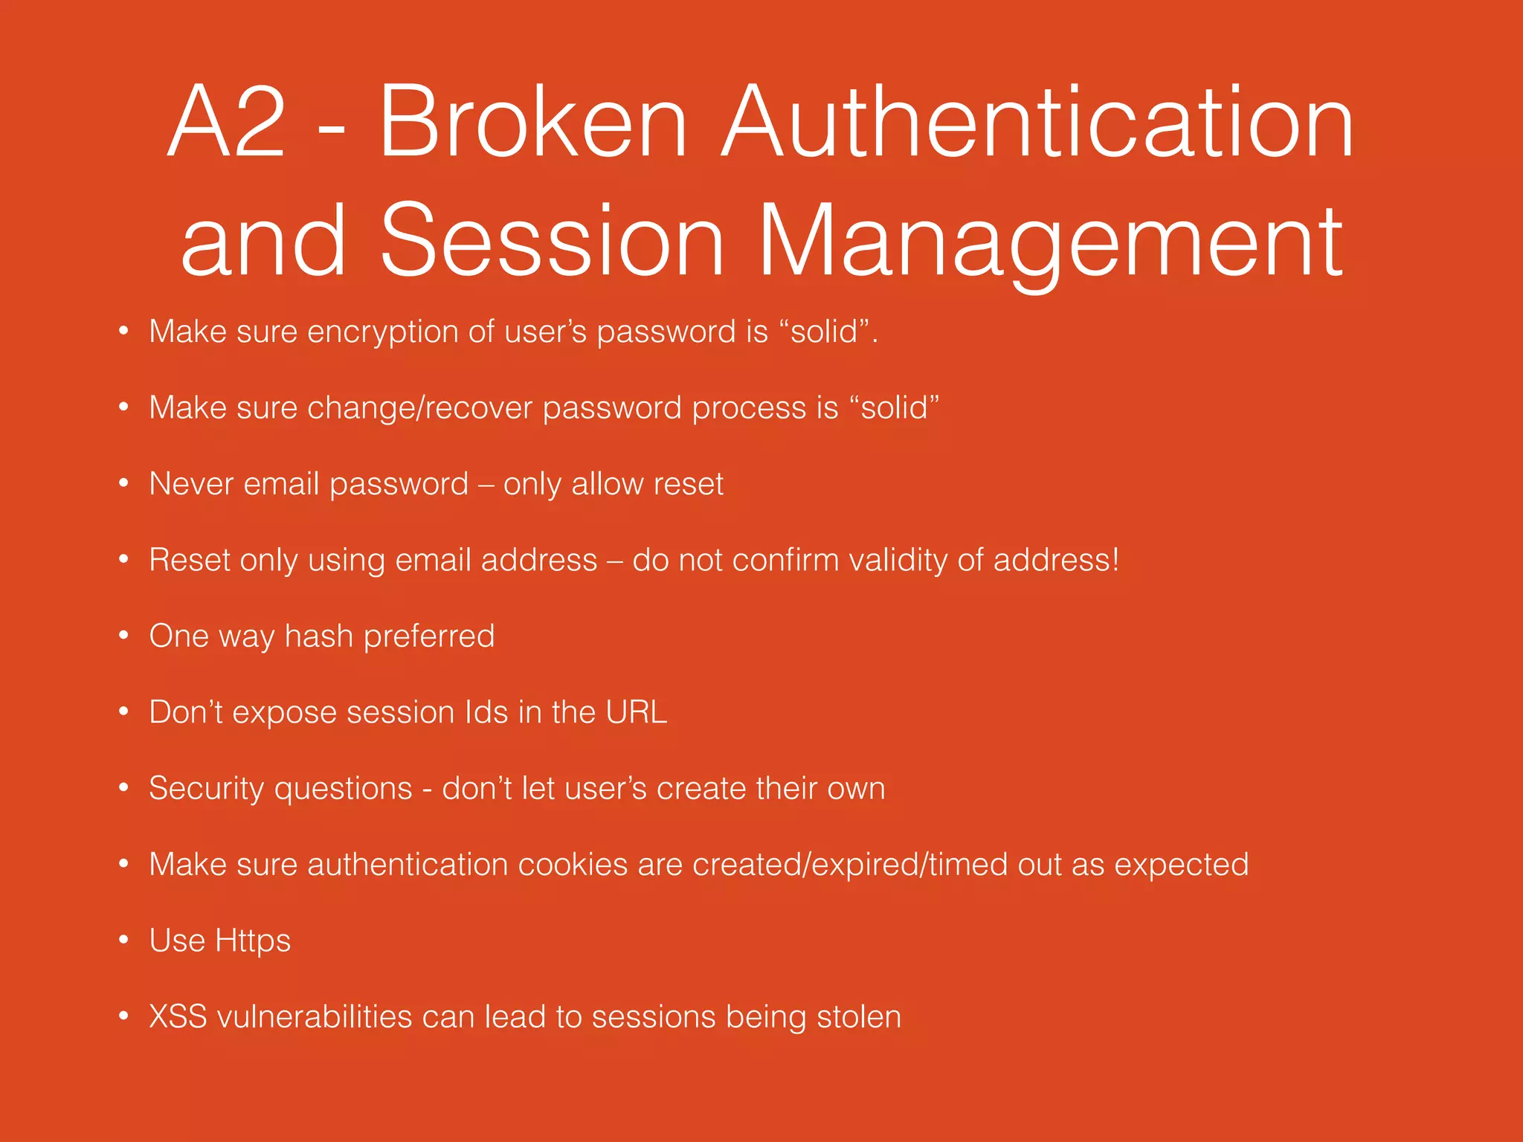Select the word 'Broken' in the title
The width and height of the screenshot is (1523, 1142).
pos(532,123)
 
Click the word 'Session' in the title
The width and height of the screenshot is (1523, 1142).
pos(552,242)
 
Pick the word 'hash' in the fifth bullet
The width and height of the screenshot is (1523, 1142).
pos(318,636)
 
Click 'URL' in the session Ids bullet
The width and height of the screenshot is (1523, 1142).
pos(636,712)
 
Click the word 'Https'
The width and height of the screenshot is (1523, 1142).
pos(252,941)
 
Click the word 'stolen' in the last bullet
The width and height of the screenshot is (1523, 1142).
pos(859,1017)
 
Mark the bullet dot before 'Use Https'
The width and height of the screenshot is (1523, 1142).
pos(123,941)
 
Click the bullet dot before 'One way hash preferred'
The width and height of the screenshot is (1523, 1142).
pos(123,636)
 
